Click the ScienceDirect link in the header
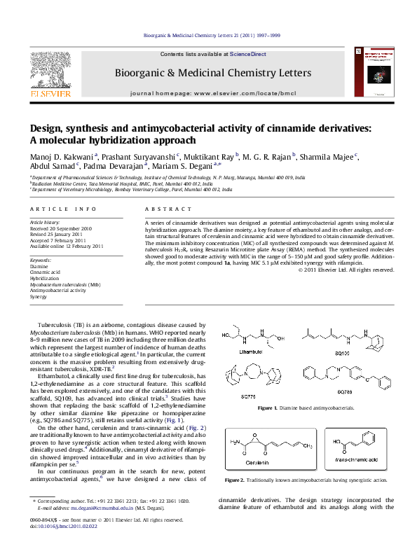point(248,54)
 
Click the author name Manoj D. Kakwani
point(61,156)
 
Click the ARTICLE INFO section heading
point(63,209)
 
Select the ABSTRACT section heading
point(163,209)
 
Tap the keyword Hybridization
point(45,279)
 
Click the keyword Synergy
point(39,297)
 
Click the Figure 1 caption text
point(306,408)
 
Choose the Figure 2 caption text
point(305,480)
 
